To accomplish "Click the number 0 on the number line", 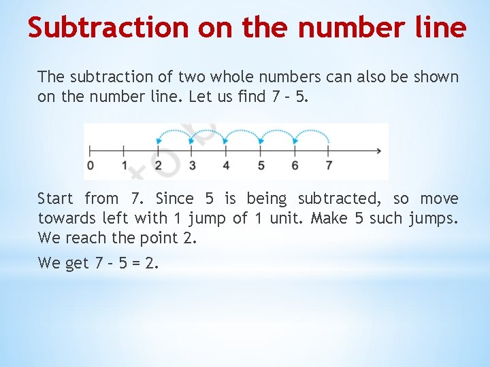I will [x=91, y=166].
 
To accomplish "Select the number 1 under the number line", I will [x=125, y=166].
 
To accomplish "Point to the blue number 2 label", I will [x=159, y=166].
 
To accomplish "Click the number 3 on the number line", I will [x=193, y=166].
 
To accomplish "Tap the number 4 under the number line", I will [x=227, y=166].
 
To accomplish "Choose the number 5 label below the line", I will [x=261, y=166].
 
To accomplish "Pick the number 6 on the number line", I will [x=295, y=166].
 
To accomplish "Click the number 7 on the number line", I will [x=329, y=166].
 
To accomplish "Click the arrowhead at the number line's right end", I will [x=378, y=151].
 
